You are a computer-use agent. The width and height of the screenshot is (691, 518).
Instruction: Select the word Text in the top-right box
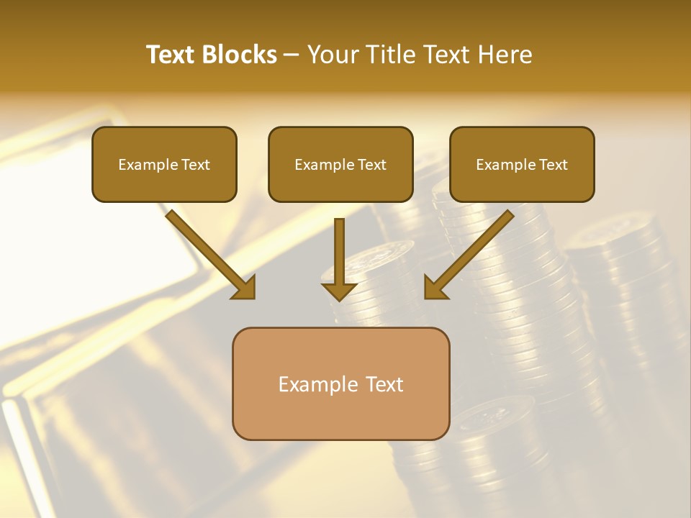(553, 165)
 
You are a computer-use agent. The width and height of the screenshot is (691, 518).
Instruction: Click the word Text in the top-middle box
(371, 165)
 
